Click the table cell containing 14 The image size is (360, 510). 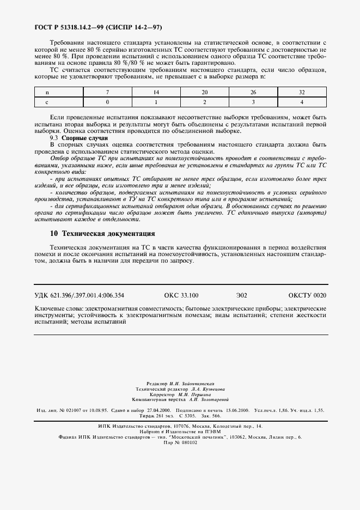[156, 92]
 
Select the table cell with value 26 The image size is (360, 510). [253, 92]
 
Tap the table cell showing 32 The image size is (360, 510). [302, 92]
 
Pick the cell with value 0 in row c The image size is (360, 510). [108, 102]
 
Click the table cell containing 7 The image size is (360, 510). [108, 92]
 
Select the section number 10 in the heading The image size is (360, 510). [53, 233]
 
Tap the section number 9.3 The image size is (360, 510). [54, 138]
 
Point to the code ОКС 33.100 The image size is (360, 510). [181, 295]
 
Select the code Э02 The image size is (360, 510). [241, 295]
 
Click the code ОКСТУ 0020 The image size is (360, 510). [307, 295]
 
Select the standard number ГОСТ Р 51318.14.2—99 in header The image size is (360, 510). [69, 26]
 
